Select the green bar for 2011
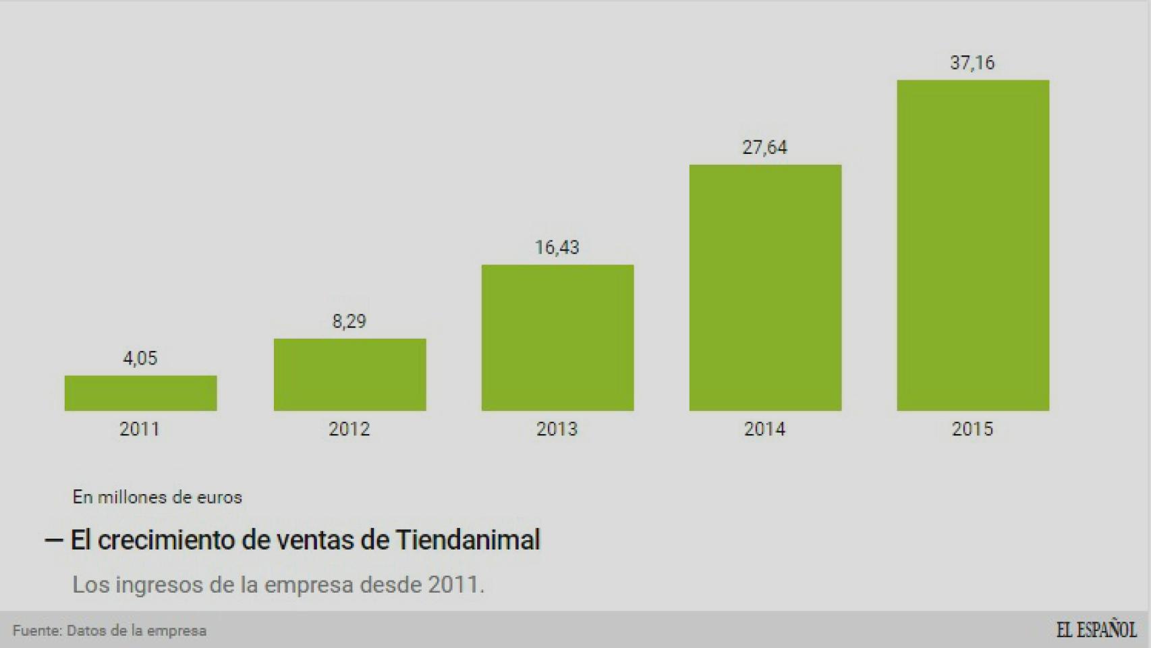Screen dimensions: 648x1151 coord(140,393)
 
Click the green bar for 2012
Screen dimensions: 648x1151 coord(349,375)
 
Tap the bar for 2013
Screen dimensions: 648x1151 coord(557,337)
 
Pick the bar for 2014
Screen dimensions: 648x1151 coord(765,288)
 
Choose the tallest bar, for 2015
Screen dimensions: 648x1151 coord(973,245)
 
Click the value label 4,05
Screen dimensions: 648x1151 coord(140,358)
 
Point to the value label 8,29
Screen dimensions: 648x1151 coord(349,321)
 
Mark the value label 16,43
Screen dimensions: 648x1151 coord(557,247)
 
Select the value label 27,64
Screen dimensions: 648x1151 coord(764,147)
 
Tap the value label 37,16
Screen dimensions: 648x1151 coord(972,63)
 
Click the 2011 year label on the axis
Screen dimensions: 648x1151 coord(140,429)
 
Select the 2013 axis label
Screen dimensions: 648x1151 coord(557,429)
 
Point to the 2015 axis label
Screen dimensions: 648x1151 coord(972,429)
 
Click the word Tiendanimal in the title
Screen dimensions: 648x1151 coord(468,540)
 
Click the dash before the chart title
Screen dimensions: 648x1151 coord(53,541)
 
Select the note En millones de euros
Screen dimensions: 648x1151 coord(157,497)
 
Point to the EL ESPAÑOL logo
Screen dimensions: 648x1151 coord(1096,630)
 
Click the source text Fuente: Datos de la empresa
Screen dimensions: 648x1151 coord(109,630)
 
